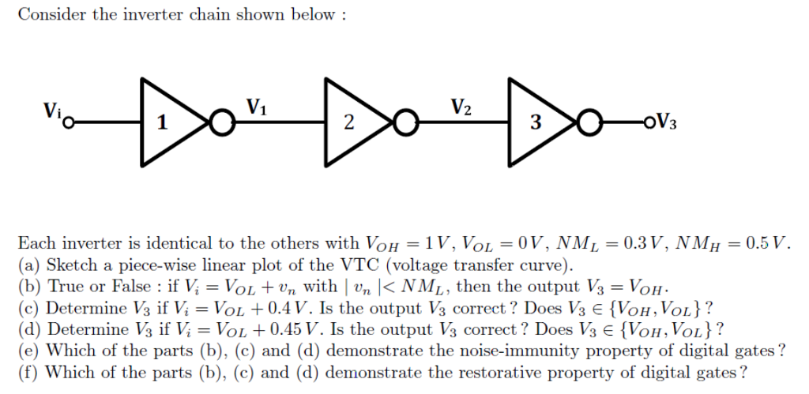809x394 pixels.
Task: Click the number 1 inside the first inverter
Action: (163, 123)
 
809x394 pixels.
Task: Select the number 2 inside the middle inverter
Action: (349, 123)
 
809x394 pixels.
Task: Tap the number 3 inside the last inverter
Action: (536, 123)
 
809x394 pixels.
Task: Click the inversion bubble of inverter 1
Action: (222, 123)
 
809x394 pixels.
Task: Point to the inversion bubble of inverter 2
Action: (406, 123)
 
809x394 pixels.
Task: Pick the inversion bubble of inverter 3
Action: (589, 123)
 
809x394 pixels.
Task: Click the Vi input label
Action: (52, 111)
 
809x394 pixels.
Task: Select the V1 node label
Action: (257, 107)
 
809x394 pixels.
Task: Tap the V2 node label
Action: (461, 107)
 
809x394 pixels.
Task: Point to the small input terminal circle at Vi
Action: (70, 123)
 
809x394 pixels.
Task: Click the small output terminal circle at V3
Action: (649, 122)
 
